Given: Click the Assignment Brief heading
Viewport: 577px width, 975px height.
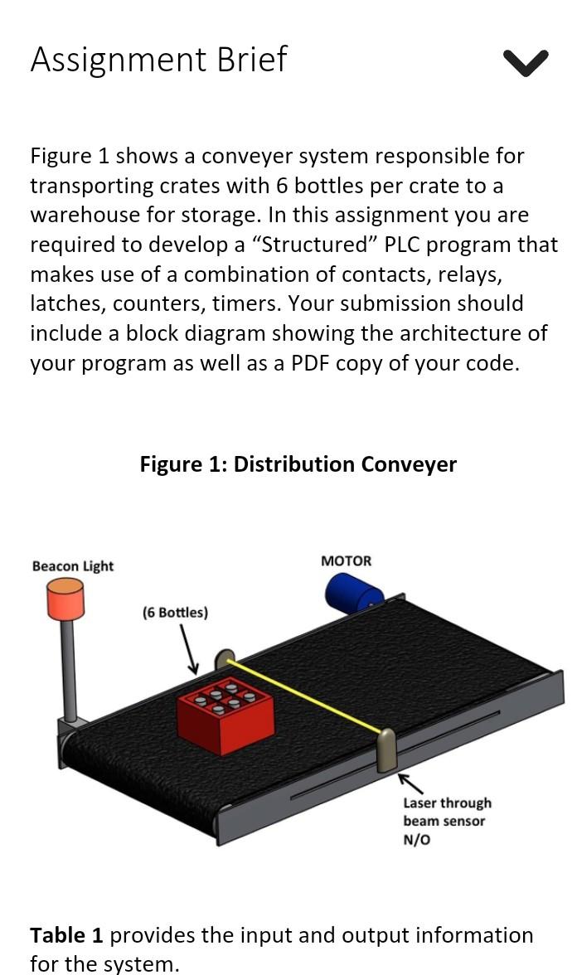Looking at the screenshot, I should point(158,60).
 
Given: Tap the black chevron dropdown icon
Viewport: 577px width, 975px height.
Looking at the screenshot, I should point(525,62).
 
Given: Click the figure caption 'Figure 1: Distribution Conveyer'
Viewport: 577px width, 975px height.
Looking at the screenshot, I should point(298,464).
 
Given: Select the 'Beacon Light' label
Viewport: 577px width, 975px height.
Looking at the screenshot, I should point(73,566).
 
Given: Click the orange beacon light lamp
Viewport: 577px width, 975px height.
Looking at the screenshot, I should point(65,599).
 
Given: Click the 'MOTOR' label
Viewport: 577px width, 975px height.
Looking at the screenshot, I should point(346,561).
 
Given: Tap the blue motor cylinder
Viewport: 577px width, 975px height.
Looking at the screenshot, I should point(352,592).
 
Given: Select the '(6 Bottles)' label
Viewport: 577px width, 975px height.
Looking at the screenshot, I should point(175,613).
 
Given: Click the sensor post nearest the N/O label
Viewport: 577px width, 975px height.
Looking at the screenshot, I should point(386,750).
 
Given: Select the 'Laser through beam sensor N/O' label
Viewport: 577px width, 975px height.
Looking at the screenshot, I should point(447,821).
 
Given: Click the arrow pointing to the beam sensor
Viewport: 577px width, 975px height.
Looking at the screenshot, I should point(410,783).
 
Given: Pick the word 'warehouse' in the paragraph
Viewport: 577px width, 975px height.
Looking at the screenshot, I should point(85,215).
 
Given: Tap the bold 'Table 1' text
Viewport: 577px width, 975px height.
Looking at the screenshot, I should point(66,935).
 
